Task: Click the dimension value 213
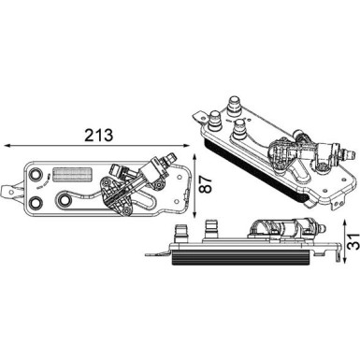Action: (x=97, y=135)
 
